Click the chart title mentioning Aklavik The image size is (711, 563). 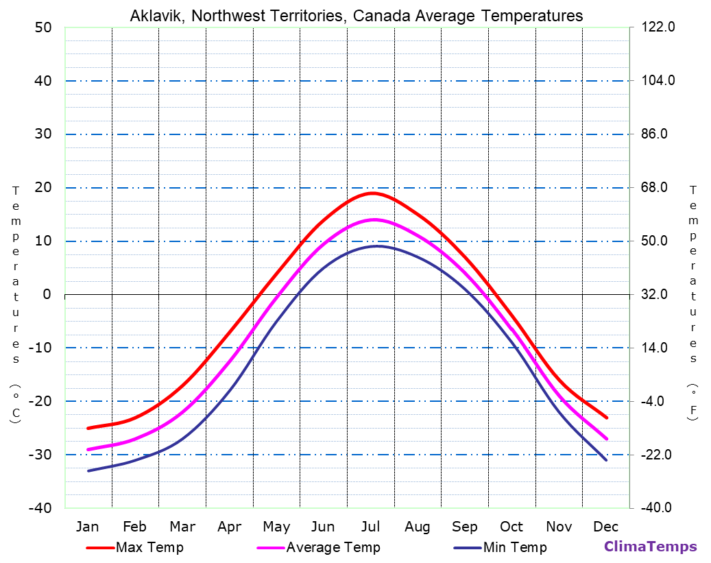356,16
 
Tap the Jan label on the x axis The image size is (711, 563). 87,527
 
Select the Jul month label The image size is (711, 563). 370,527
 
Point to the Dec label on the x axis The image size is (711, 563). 606,527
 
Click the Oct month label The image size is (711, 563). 511,527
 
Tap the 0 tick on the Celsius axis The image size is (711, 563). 47,295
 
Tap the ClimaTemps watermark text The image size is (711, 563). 650,547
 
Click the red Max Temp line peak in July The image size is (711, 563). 372,193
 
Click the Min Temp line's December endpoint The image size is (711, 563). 606,459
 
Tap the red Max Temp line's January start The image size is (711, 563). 88,428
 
